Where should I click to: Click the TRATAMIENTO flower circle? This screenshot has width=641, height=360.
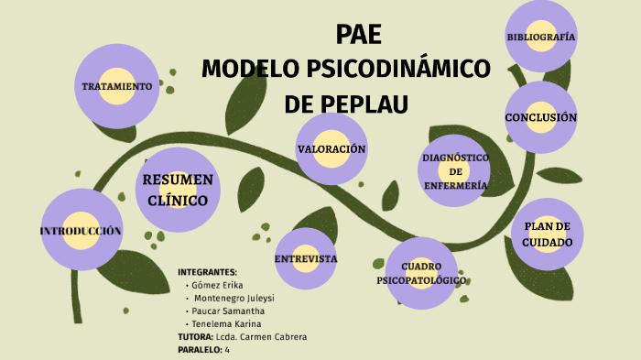[116, 86]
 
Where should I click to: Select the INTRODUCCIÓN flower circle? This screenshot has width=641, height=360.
[81, 230]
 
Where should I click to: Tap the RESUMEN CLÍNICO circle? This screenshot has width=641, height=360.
[178, 190]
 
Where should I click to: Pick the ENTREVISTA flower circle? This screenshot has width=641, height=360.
[306, 258]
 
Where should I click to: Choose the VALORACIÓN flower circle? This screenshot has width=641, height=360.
[331, 148]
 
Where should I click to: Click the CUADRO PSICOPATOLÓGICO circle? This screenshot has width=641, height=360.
[421, 273]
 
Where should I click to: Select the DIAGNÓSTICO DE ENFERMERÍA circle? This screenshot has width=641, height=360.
[455, 171]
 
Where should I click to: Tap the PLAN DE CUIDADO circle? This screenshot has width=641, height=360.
[547, 235]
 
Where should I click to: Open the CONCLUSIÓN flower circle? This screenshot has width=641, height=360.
[540, 117]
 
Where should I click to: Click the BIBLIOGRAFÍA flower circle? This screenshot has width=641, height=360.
[540, 37]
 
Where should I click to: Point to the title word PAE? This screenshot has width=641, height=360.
[358, 34]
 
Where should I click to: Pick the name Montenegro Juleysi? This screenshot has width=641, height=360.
[235, 298]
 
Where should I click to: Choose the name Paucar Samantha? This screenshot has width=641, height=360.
[230, 311]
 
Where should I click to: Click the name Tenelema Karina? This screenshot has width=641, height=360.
[227, 323]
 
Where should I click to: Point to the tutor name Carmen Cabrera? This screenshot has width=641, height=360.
[276, 336]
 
